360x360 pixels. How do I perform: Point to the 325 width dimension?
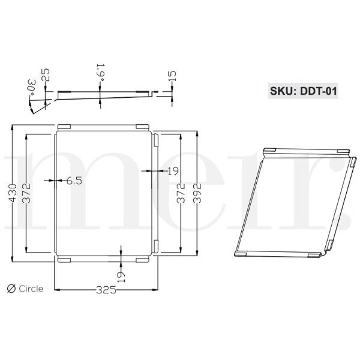tap(106, 290)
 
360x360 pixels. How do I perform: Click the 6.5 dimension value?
tap(74, 180)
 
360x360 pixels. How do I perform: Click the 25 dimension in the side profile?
tap(46, 75)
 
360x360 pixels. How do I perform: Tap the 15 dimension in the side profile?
tap(173, 75)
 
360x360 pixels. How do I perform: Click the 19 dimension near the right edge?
tap(172, 171)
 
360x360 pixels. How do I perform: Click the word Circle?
tap(31, 289)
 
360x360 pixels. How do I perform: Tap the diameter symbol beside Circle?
tap(10, 289)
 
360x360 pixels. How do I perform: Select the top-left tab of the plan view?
tap(64, 126)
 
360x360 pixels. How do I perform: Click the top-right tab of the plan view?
tap(142, 126)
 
